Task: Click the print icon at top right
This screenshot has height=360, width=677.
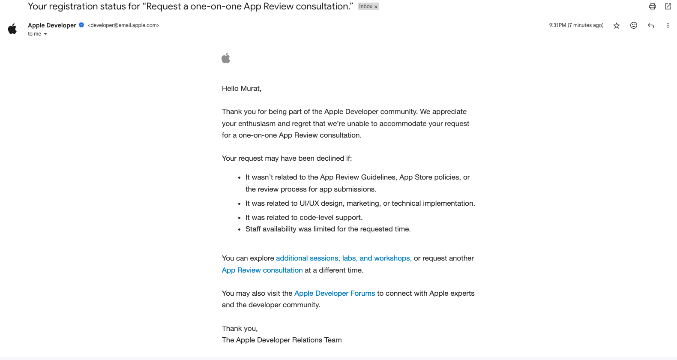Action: pyautogui.click(x=652, y=6)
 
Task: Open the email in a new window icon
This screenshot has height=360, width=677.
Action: pyautogui.click(x=668, y=6)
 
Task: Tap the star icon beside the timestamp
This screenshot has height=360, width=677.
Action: pyautogui.click(x=617, y=26)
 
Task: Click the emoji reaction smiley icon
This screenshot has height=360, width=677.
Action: pyautogui.click(x=634, y=25)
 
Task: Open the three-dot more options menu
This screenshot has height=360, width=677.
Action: pyautogui.click(x=668, y=25)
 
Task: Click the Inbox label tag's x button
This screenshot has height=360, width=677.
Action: pyautogui.click(x=376, y=7)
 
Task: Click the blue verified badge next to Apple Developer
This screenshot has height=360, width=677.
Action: pyautogui.click(x=81, y=25)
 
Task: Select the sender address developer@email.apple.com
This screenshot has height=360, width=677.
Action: pyautogui.click(x=123, y=25)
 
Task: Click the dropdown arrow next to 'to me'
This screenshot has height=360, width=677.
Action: pyautogui.click(x=45, y=34)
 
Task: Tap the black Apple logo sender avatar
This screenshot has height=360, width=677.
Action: pyautogui.click(x=12, y=29)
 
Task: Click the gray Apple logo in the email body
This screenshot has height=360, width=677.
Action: pyautogui.click(x=226, y=58)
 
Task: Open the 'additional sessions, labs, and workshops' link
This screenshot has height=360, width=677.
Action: pyautogui.click(x=344, y=258)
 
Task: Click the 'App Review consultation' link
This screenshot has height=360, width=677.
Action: pyautogui.click(x=262, y=270)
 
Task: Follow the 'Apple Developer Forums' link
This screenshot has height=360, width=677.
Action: pyautogui.click(x=335, y=293)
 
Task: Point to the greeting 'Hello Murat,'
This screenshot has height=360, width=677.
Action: pyautogui.click(x=242, y=89)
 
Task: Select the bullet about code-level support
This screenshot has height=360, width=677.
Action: pyautogui.click(x=304, y=217)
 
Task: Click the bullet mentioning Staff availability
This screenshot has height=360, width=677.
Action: pyautogui.click(x=328, y=229)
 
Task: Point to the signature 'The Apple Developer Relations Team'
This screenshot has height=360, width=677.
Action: pyautogui.click(x=282, y=340)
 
